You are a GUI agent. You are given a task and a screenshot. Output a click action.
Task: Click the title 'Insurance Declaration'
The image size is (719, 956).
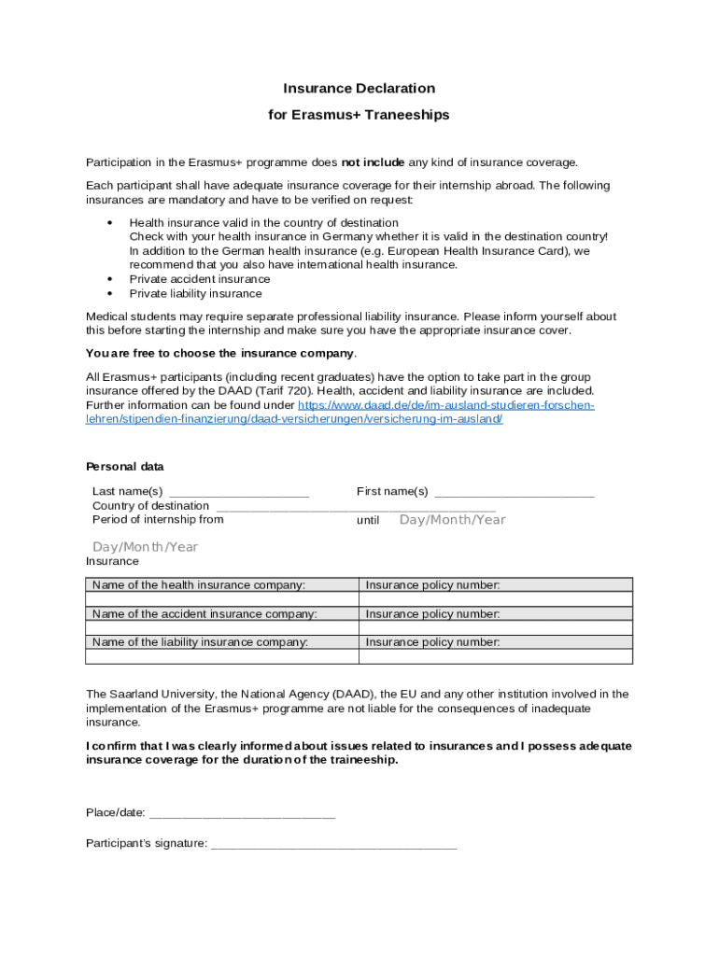[359, 89]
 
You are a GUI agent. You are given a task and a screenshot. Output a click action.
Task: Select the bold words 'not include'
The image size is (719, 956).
[373, 162]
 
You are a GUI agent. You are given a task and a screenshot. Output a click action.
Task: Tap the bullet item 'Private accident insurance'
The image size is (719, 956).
[199, 279]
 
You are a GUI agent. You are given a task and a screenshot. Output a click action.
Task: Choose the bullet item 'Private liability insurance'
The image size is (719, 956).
[195, 293]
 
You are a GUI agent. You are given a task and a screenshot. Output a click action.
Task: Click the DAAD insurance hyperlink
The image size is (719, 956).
[340, 413]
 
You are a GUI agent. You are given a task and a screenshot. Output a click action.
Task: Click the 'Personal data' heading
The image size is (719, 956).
[125, 467]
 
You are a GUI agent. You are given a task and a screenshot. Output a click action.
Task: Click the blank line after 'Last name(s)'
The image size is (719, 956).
[239, 493]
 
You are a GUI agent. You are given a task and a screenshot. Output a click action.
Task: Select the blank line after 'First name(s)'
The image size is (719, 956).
[515, 493]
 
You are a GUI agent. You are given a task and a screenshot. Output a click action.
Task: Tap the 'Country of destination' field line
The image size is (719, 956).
[355, 507]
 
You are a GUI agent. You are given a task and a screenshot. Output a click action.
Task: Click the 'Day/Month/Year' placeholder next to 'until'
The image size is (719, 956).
[452, 520]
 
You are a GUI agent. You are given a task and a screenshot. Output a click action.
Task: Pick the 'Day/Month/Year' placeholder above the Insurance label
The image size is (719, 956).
[145, 547]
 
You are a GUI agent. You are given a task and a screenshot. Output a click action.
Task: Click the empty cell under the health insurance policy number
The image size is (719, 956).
[495, 599]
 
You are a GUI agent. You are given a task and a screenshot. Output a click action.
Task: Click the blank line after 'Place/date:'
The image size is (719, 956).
[242, 813]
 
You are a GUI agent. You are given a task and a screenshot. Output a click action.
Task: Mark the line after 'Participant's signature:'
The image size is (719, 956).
[333, 845]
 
